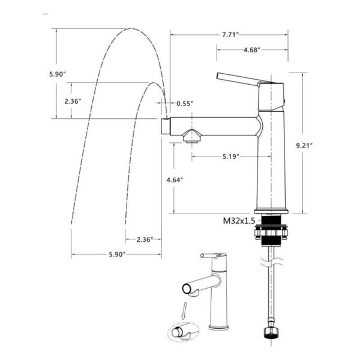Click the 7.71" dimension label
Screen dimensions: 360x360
click(x=230, y=35)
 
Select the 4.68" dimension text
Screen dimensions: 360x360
click(x=252, y=50)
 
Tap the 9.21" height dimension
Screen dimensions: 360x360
click(x=304, y=146)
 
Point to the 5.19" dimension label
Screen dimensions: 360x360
click(x=231, y=157)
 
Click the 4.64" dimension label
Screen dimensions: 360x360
click(x=175, y=180)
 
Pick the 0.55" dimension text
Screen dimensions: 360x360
click(x=185, y=104)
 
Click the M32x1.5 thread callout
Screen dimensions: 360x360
click(x=239, y=221)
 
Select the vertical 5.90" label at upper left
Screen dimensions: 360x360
click(x=58, y=74)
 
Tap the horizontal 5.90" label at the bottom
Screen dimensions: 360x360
click(x=117, y=254)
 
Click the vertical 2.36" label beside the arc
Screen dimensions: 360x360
click(x=73, y=101)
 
